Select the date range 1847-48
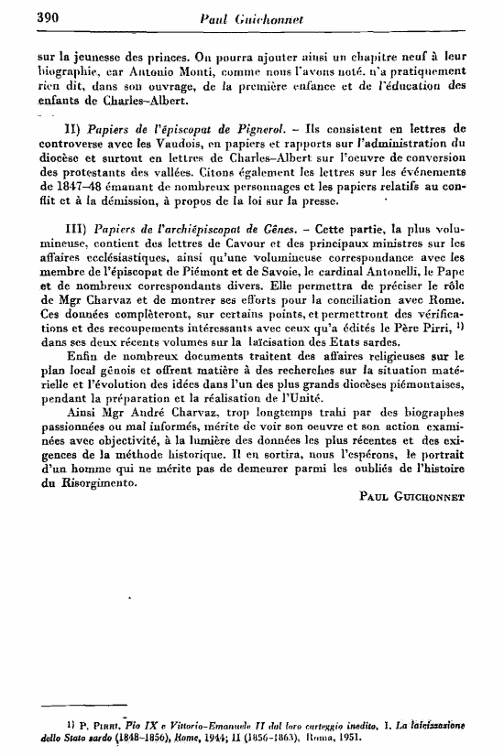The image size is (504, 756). pyautogui.click(x=57, y=187)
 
